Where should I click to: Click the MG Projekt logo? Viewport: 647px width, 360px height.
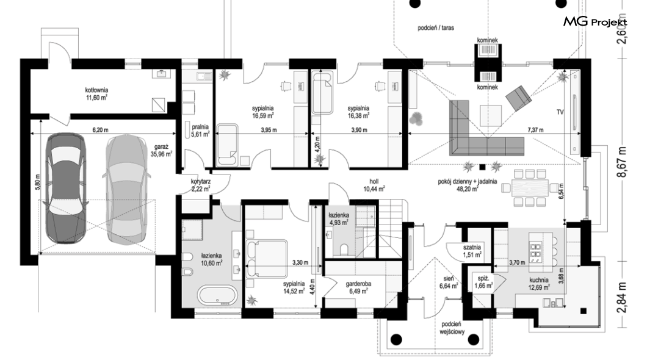pyautogui.click(x=595, y=21)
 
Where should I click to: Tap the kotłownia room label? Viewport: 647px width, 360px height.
pyautogui.click(x=97, y=93)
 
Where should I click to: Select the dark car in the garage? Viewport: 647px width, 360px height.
pyautogui.click(x=65, y=188)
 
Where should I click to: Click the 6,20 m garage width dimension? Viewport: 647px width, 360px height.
pyautogui.click(x=100, y=130)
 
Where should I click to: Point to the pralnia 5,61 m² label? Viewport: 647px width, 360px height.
pyautogui.click(x=200, y=131)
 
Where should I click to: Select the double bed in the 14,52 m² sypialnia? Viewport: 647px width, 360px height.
pyautogui.click(x=267, y=258)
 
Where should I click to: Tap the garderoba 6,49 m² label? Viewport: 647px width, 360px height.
pyautogui.click(x=358, y=287)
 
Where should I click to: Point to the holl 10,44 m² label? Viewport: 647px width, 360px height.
pyautogui.click(x=374, y=185)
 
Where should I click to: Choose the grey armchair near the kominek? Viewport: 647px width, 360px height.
pyautogui.click(x=519, y=98)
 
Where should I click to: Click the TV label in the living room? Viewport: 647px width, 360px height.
pyautogui.click(x=560, y=112)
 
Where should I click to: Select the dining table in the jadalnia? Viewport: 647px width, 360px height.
pyautogui.click(x=530, y=187)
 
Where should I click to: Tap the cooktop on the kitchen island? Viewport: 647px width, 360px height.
pyautogui.click(x=535, y=253)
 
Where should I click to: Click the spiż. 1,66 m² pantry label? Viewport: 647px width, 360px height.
pyautogui.click(x=483, y=282)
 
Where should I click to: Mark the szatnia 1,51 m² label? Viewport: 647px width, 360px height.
pyautogui.click(x=472, y=251)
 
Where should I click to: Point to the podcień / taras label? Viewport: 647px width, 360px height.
pyautogui.click(x=436, y=28)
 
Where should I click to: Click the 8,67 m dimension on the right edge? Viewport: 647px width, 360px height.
pyautogui.click(x=621, y=162)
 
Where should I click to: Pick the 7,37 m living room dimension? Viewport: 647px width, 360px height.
pyautogui.click(x=535, y=130)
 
